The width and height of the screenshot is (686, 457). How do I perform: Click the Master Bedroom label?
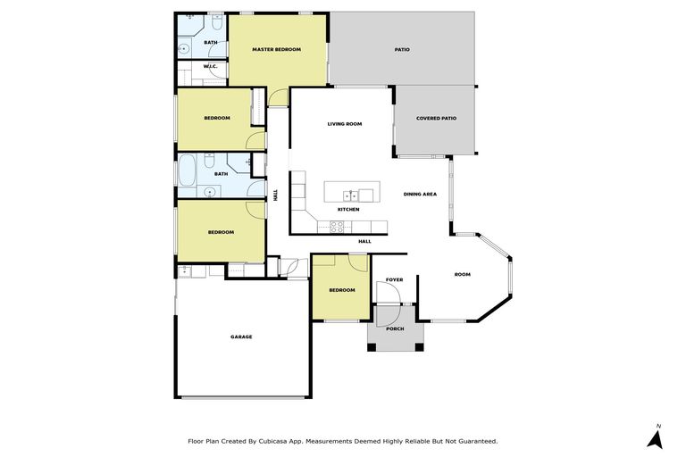(276, 49)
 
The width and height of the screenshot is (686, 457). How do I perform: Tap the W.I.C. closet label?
(211, 66)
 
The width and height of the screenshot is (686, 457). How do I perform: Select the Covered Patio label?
(436, 118)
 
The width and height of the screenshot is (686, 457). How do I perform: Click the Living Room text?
(344, 124)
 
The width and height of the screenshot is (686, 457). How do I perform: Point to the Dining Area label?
(420, 194)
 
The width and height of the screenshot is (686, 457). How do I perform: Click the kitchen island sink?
(353, 193)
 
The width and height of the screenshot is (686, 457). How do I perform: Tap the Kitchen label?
(348, 210)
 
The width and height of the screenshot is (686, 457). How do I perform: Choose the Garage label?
(241, 337)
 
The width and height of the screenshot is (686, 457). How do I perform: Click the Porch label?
(394, 328)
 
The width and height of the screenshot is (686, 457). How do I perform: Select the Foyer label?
(394, 279)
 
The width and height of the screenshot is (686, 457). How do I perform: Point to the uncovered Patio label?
(402, 49)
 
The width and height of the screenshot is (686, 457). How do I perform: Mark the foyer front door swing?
(388, 295)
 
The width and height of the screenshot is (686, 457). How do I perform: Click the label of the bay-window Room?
(462, 274)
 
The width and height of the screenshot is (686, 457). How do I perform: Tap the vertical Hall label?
(276, 194)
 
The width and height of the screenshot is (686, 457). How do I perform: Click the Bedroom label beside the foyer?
(341, 290)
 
